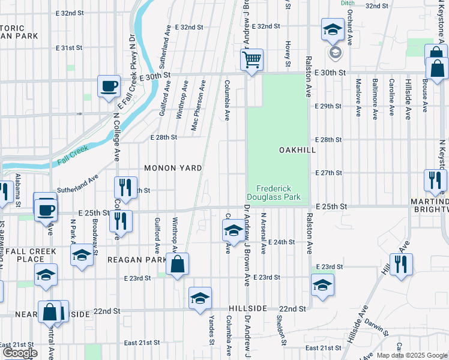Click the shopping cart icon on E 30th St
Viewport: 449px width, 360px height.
coord(252,59)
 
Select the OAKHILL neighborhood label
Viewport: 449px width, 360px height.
coord(297,150)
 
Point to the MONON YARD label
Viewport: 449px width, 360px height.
coord(172,168)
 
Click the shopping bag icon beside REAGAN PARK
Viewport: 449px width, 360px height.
coord(178,264)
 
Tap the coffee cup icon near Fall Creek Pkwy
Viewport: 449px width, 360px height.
coord(109,86)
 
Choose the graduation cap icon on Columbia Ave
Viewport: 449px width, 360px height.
coord(233,229)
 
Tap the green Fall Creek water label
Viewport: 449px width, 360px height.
coord(73,155)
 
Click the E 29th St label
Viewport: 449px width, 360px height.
coord(328,106)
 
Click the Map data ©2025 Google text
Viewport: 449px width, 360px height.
coord(412,355)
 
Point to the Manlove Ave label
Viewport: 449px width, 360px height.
coord(358,96)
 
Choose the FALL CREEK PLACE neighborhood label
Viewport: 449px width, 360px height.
coord(28,255)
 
